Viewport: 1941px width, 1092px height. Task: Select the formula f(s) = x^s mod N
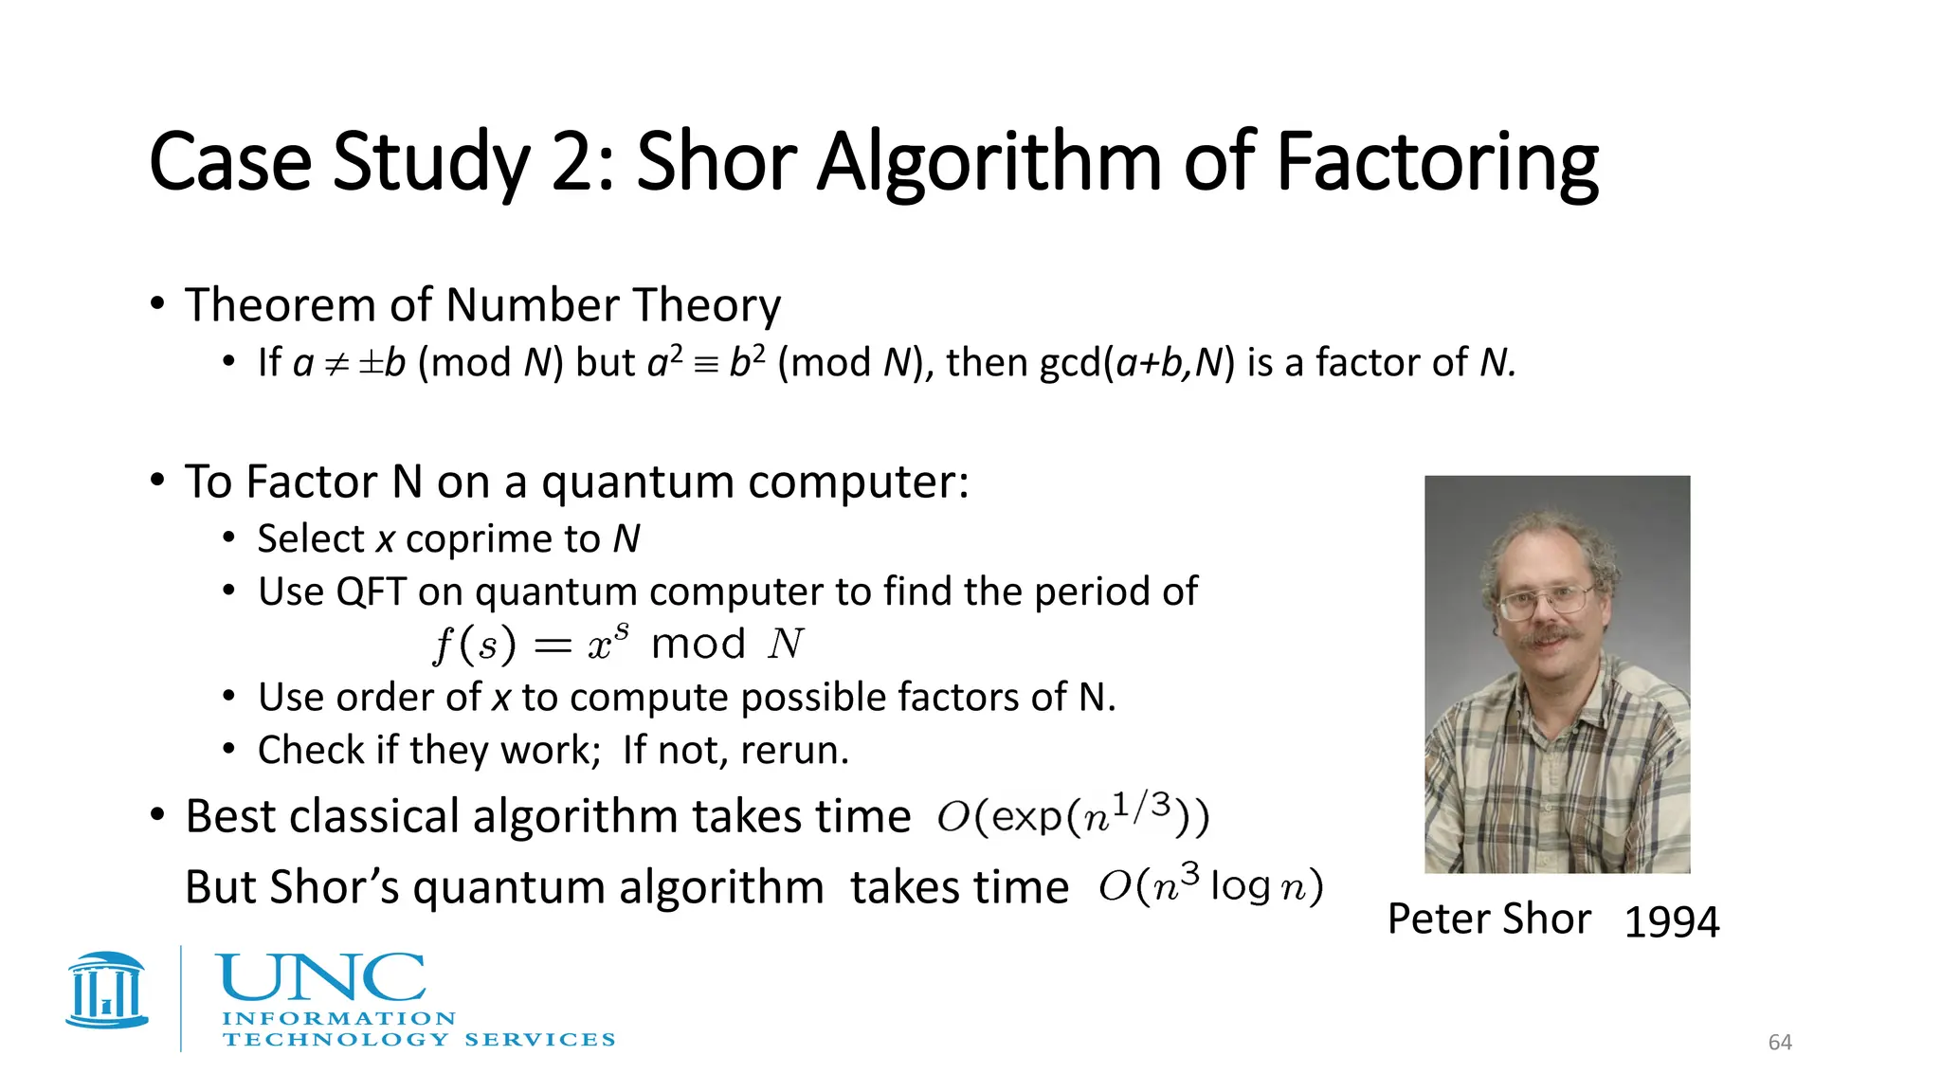(618, 645)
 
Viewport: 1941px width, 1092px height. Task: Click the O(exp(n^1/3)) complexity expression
(1073, 814)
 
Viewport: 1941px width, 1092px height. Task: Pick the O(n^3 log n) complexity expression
(1210, 885)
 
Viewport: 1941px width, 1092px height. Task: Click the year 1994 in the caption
(1671, 921)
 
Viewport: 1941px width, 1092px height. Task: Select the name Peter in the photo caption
(1437, 919)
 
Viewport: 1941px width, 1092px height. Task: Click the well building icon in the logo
(107, 990)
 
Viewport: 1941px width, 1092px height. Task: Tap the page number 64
(1780, 1043)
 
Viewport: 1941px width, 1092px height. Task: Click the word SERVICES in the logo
(539, 1040)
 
